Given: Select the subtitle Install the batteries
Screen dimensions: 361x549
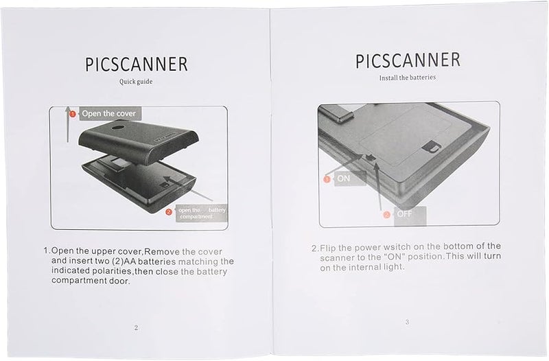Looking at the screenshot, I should [x=407, y=78].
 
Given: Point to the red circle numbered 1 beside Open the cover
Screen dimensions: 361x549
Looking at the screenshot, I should [x=71, y=113].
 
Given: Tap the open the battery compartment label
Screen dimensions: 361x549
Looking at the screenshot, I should [x=202, y=213].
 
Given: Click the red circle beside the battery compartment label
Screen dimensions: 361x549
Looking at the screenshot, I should [x=168, y=211].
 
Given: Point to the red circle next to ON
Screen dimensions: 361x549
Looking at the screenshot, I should [x=327, y=178].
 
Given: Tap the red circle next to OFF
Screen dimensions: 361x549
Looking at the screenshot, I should [x=386, y=214].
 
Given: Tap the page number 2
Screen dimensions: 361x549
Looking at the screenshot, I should [x=136, y=327].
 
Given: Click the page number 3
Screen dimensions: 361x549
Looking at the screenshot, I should [x=407, y=322].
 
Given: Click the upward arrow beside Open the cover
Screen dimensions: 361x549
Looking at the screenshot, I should [x=67, y=124].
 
